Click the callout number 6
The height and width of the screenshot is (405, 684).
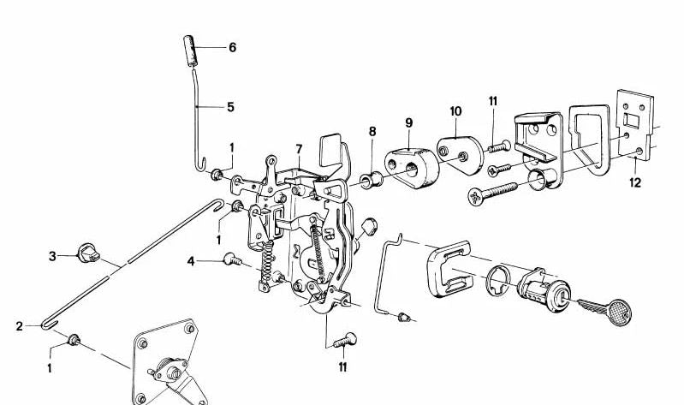pyautogui.click(x=233, y=47)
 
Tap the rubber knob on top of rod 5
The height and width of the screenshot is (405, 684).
pyautogui.click(x=190, y=51)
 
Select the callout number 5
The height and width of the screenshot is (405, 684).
pyautogui.click(x=230, y=107)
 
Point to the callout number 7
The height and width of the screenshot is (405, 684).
pyautogui.click(x=299, y=150)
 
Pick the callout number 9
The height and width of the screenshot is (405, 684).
pyautogui.click(x=408, y=123)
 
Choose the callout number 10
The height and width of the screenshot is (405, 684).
pyautogui.click(x=455, y=111)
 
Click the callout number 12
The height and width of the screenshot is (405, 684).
pyautogui.click(x=635, y=182)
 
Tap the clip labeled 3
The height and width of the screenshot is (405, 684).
pyautogui.click(x=87, y=253)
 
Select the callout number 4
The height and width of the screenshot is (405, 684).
pyautogui.click(x=191, y=261)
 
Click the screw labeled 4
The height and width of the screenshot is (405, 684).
pyautogui.click(x=233, y=259)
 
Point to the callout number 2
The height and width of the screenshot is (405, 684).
pyautogui.click(x=19, y=326)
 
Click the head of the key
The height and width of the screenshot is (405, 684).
pyautogui.click(x=619, y=312)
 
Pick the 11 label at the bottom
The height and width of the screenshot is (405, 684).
pyautogui.click(x=343, y=367)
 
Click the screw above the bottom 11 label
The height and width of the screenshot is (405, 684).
pyautogui.click(x=346, y=340)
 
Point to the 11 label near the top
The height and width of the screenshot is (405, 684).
pyautogui.click(x=493, y=101)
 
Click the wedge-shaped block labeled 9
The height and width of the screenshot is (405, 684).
pyautogui.click(x=412, y=168)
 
